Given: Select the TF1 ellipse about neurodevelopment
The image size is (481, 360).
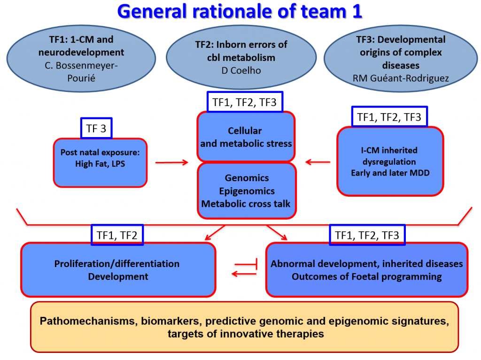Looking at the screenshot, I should tap(82, 58).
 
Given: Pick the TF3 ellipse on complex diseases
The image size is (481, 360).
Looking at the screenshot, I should tap(401, 58).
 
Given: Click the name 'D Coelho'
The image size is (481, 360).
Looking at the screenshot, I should tap(240, 71).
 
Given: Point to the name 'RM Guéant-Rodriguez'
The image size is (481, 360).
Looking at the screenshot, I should tap(401, 78).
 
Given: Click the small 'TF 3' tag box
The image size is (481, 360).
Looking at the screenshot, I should tap(96, 128).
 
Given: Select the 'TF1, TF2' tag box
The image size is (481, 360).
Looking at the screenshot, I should tap(117, 235).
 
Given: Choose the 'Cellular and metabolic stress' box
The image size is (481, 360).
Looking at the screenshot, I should tap(246, 137).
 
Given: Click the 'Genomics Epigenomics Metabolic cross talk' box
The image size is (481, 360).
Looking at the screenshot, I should tap(247, 191).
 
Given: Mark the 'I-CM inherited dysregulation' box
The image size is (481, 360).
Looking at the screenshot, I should tap(390, 161).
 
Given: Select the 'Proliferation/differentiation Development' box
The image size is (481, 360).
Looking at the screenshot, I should tap(117, 270).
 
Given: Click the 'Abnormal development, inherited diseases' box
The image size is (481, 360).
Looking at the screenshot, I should tap(366, 270).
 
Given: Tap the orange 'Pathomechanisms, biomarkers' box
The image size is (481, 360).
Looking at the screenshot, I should tap(244, 328).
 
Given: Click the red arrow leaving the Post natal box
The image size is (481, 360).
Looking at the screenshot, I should tap(171, 162).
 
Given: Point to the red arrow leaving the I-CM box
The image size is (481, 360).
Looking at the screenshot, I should tap(318, 162).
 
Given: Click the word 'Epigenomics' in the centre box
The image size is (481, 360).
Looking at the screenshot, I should tap(247, 191).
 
